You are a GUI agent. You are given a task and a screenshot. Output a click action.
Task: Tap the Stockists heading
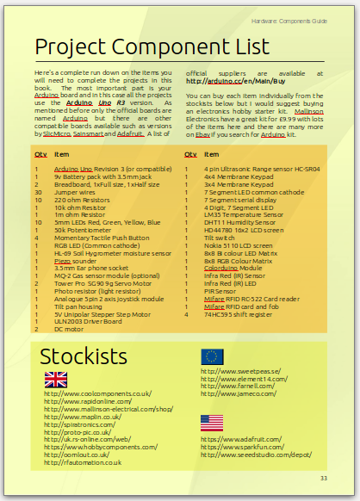[x=84, y=357]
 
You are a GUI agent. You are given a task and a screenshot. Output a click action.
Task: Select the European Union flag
[x=212, y=357]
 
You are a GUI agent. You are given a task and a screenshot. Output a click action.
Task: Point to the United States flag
[x=212, y=423]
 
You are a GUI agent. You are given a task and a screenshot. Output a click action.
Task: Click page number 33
[x=324, y=479]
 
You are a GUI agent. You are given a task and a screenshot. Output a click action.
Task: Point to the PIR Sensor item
[x=220, y=291]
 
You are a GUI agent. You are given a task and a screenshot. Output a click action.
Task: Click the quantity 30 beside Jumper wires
[x=38, y=191]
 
